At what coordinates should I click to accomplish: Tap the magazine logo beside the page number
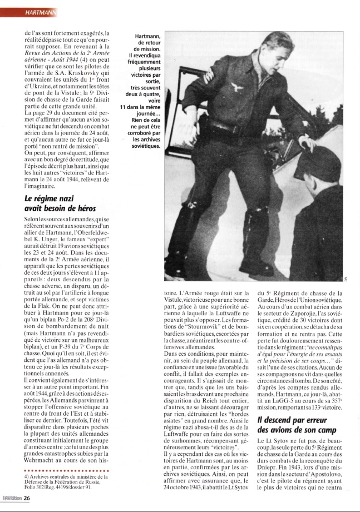click(9, 498)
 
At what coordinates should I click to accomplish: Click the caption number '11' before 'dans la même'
click(124, 107)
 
